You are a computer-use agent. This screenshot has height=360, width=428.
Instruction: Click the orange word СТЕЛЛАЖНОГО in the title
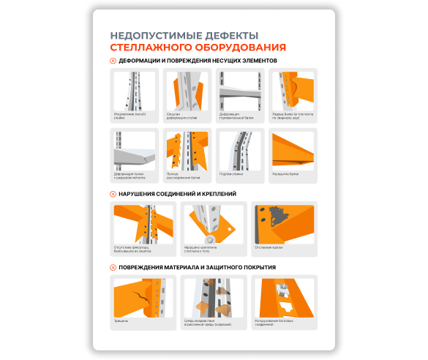[x=149, y=48]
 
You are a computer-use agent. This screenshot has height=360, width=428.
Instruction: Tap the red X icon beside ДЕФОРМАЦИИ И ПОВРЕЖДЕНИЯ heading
[x=113, y=61]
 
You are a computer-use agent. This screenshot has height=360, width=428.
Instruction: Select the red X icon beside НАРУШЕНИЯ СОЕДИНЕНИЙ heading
[x=113, y=194]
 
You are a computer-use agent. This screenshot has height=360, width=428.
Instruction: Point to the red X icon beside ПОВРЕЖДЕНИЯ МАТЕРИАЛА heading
[x=113, y=268]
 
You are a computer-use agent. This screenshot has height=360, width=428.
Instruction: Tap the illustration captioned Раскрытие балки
[x=293, y=151]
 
